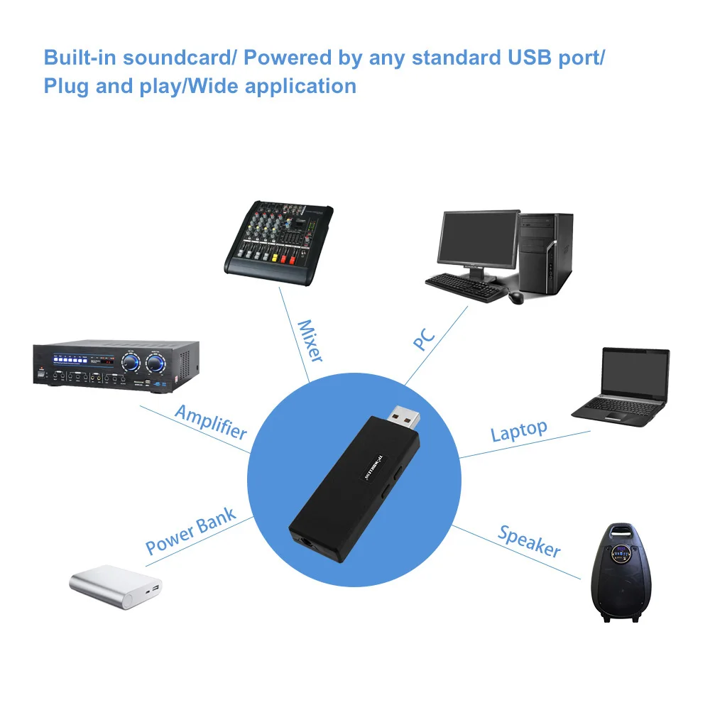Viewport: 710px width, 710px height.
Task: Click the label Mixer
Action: pos(311,341)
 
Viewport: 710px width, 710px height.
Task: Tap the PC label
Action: pos(425,339)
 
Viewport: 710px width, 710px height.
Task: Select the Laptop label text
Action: pos(519,431)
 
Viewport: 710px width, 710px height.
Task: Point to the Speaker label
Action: pos(530,541)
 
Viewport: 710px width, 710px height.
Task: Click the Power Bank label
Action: pos(190,531)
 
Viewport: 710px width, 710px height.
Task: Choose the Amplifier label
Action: pos(212,422)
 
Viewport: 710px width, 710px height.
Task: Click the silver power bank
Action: pos(116,586)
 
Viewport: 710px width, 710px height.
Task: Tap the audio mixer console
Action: pos(279,243)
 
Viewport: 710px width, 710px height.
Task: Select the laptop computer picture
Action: pos(621,387)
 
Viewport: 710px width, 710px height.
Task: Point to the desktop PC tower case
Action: pos(545,253)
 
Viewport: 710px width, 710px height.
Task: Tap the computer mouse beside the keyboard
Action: pos(515,297)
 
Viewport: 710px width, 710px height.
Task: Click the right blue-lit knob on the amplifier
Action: pos(155,363)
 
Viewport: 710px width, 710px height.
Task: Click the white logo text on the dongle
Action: pos(373,467)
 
